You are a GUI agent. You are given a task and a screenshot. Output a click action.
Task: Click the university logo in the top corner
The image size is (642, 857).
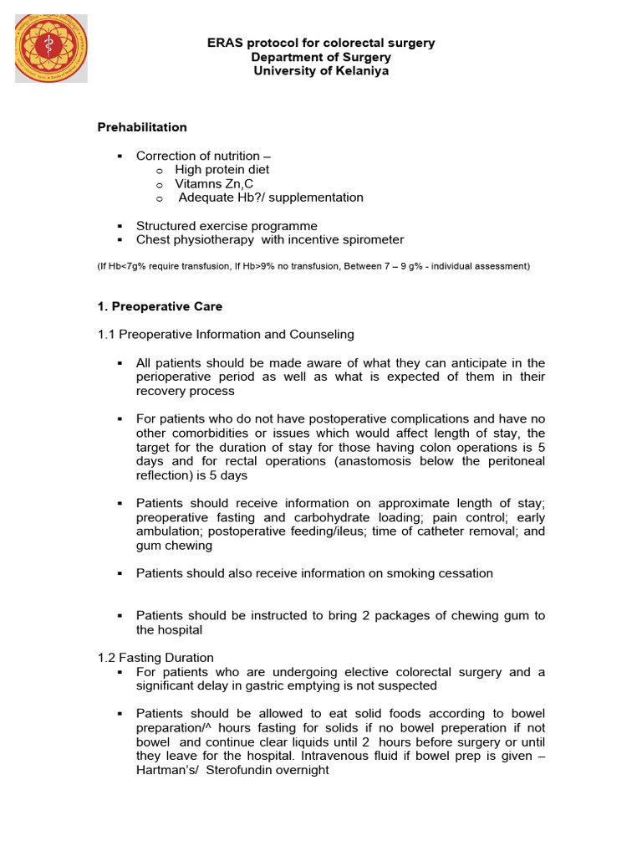[x=51, y=47]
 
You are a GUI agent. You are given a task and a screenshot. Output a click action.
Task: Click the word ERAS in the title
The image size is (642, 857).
[x=225, y=43]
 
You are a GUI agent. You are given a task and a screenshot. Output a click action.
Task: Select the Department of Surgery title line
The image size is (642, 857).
[x=321, y=57]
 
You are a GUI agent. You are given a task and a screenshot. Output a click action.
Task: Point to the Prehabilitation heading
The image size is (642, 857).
[x=142, y=127]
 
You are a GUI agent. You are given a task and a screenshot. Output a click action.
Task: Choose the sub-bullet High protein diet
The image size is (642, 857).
[x=222, y=170]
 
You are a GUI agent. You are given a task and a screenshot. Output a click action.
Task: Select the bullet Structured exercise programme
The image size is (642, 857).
[x=227, y=226]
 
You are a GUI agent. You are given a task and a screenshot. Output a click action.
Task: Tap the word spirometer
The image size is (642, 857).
[x=370, y=240]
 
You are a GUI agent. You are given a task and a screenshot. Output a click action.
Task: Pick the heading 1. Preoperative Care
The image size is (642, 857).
[x=160, y=306]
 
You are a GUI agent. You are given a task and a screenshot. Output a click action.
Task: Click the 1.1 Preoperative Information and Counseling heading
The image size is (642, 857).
[x=226, y=335]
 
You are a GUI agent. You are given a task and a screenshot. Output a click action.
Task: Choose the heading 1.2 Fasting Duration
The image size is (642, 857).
[x=155, y=658]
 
